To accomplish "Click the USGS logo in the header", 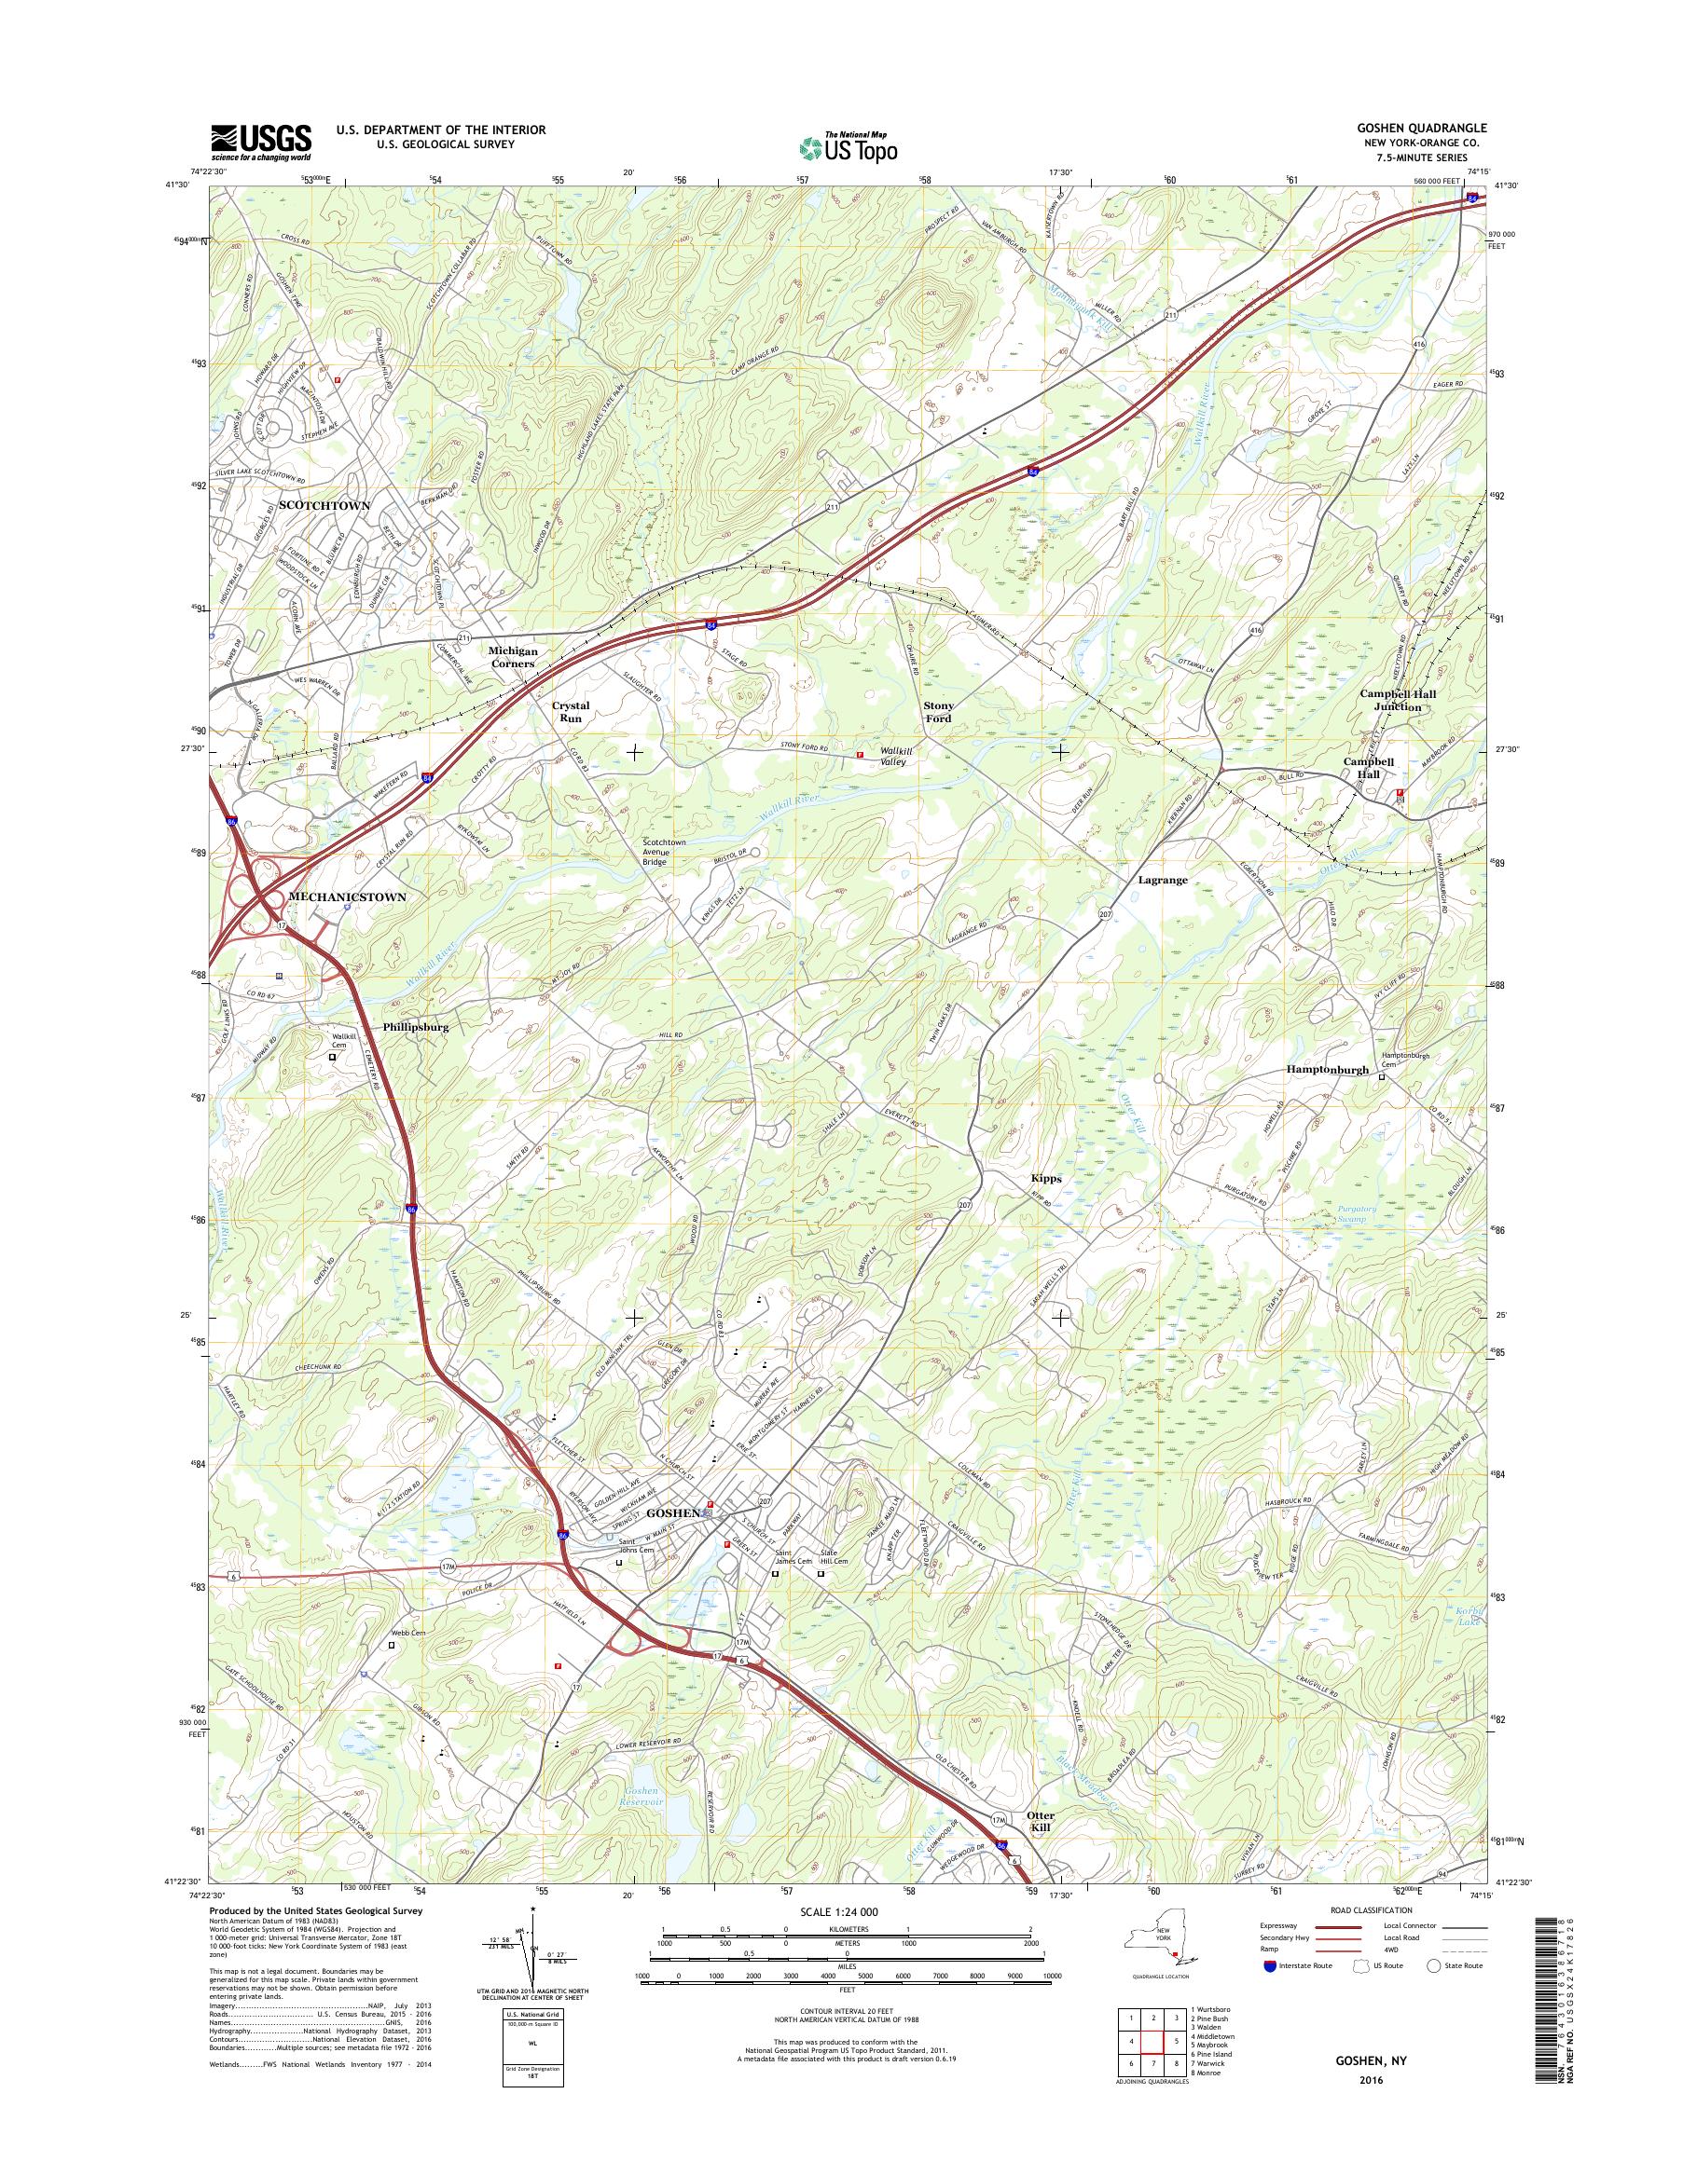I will point(260,143).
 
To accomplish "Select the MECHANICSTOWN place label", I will point(347,896).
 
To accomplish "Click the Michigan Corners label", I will point(512,657).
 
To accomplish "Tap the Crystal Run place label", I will point(571,711).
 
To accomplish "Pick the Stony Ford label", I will point(939,712).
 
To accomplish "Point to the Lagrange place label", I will point(1163,880).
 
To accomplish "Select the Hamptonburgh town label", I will point(1328,1071).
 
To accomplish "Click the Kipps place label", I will point(1046,1179).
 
